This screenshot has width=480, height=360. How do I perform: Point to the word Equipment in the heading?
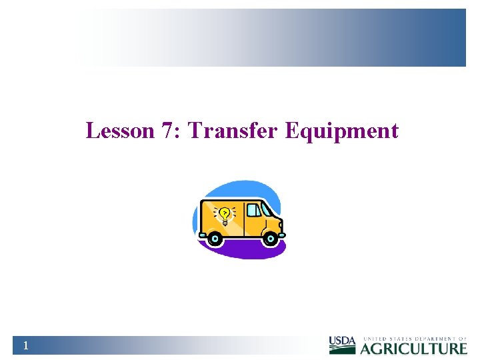click(x=341, y=131)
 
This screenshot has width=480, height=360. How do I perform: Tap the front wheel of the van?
click(x=271, y=238)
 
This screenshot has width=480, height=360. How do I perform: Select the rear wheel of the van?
click(x=214, y=238)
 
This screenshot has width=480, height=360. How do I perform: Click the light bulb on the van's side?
click(x=225, y=214)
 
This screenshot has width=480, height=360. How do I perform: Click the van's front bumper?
click(x=283, y=235)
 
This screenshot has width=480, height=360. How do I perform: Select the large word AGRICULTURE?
click(x=413, y=348)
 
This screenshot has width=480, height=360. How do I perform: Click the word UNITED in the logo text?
click(x=373, y=339)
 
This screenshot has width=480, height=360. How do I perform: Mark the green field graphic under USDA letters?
click(x=342, y=350)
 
